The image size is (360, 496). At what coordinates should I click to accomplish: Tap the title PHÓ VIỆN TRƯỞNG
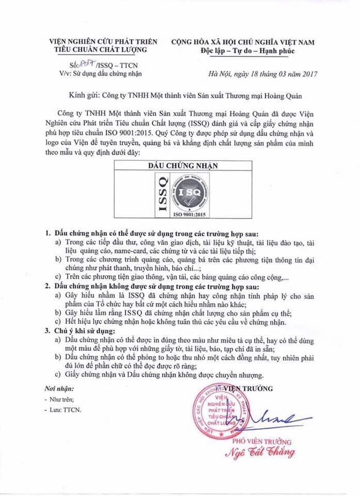click(x=262, y=442)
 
